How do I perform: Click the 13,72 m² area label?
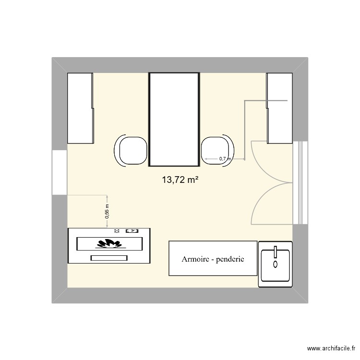click(x=180, y=180)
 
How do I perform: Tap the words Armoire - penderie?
click(x=213, y=259)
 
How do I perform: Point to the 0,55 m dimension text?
click(x=107, y=212)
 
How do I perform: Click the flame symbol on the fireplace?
click(x=109, y=243)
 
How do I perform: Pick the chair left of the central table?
click(x=131, y=151)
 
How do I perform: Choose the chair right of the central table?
click(x=216, y=151)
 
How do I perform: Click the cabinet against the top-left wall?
click(x=80, y=108)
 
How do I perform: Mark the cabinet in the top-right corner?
click(x=279, y=108)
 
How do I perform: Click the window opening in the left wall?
click(x=60, y=172)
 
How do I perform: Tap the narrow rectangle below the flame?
click(x=109, y=258)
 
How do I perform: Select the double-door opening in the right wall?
click(x=300, y=183)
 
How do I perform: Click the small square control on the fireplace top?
click(x=131, y=231)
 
